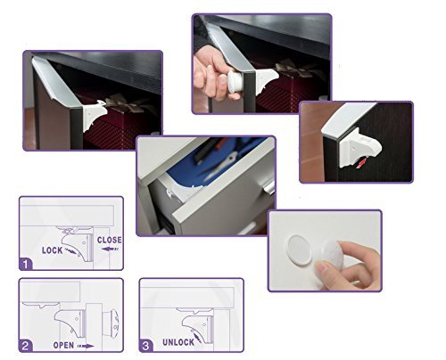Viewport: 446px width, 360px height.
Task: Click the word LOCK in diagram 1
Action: [53, 250]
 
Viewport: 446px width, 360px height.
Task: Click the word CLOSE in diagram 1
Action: [110, 240]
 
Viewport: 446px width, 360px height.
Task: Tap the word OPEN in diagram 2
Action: [63, 345]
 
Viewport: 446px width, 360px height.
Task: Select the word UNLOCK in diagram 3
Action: [178, 342]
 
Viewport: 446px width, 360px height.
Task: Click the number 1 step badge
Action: [26, 264]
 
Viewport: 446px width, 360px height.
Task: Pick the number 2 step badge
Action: [26, 346]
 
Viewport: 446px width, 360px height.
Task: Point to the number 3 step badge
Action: [146, 346]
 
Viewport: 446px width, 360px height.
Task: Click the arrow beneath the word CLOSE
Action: [110, 249]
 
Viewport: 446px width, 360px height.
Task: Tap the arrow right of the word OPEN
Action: [86, 346]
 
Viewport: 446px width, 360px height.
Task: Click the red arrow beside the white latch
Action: [360, 163]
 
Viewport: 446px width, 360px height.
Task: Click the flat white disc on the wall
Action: [299, 250]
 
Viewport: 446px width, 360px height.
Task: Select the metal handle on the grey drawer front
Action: [268, 187]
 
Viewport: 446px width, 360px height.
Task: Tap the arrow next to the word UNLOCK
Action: [196, 338]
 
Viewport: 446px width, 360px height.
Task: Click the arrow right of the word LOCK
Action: [71, 251]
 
